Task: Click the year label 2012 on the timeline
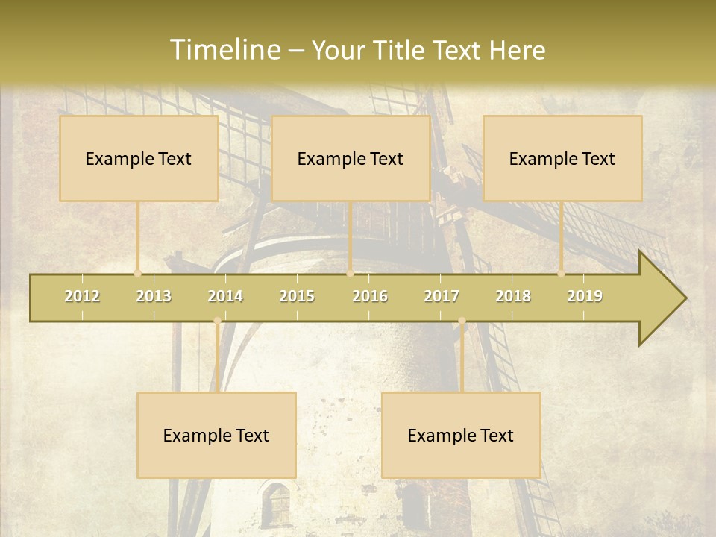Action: (x=82, y=296)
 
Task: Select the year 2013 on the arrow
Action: (x=154, y=296)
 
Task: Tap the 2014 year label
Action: (x=225, y=296)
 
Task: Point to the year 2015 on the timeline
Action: (x=297, y=296)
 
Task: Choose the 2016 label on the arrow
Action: (x=370, y=296)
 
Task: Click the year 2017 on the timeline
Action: (x=442, y=296)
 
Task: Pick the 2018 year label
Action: (x=513, y=296)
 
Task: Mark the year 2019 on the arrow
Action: (x=585, y=296)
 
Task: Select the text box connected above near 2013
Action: (x=139, y=159)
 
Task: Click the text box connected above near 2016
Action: (x=351, y=159)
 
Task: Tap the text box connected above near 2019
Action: (x=562, y=159)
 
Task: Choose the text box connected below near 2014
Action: (x=216, y=435)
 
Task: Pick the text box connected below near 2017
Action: (x=461, y=435)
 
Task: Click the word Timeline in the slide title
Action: (x=224, y=50)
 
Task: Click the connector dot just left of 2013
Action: (x=137, y=273)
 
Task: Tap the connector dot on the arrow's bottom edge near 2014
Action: (x=217, y=321)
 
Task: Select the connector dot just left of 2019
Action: (x=561, y=273)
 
